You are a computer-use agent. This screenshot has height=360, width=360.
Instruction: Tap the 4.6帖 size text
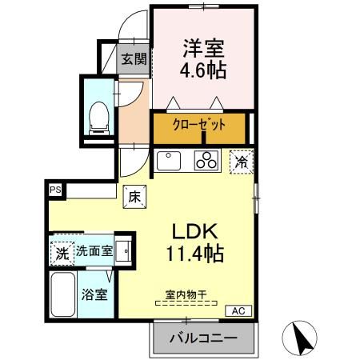tap(202, 70)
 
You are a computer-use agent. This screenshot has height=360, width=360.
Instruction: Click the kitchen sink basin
tap(170, 161)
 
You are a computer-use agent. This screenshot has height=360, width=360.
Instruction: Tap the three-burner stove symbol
tap(207, 160)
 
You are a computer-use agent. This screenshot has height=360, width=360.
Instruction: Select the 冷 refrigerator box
tap(241, 161)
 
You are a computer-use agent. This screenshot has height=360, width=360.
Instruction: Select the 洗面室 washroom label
tap(94, 251)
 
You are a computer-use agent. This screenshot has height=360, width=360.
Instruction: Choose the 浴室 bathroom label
tap(94, 294)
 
